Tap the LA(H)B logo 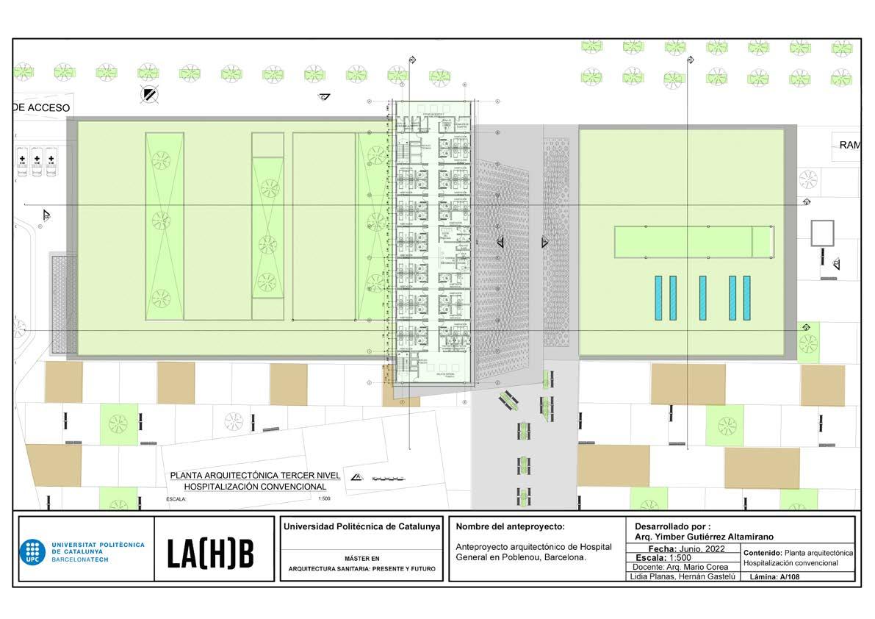tap(210, 554)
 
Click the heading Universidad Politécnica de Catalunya tap(361, 527)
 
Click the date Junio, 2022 tap(695, 548)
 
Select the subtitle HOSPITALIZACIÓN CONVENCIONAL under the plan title tap(255, 486)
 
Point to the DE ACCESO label tap(41, 108)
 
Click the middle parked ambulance tap(37, 161)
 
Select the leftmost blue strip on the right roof tap(658, 297)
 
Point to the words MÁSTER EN tap(361, 559)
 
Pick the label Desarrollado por tap(671, 526)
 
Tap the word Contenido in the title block tap(763, 552)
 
